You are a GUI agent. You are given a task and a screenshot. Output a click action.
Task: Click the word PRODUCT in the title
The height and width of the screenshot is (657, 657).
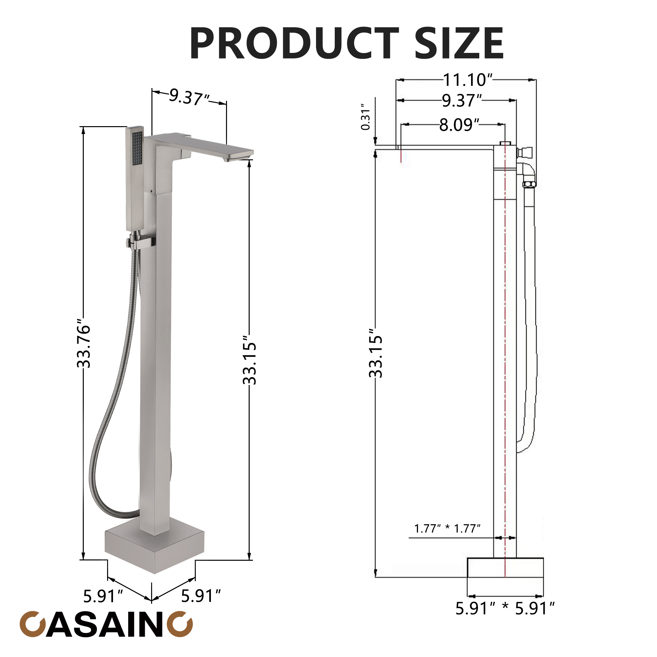coord(294,44)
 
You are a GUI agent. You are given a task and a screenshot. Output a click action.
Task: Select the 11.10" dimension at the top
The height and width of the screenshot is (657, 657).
coord(468,80)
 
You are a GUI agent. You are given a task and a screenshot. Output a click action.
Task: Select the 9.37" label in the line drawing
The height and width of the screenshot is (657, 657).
coord(462,101)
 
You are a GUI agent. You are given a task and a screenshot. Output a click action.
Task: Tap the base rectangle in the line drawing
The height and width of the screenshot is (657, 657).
coord(505,568)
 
